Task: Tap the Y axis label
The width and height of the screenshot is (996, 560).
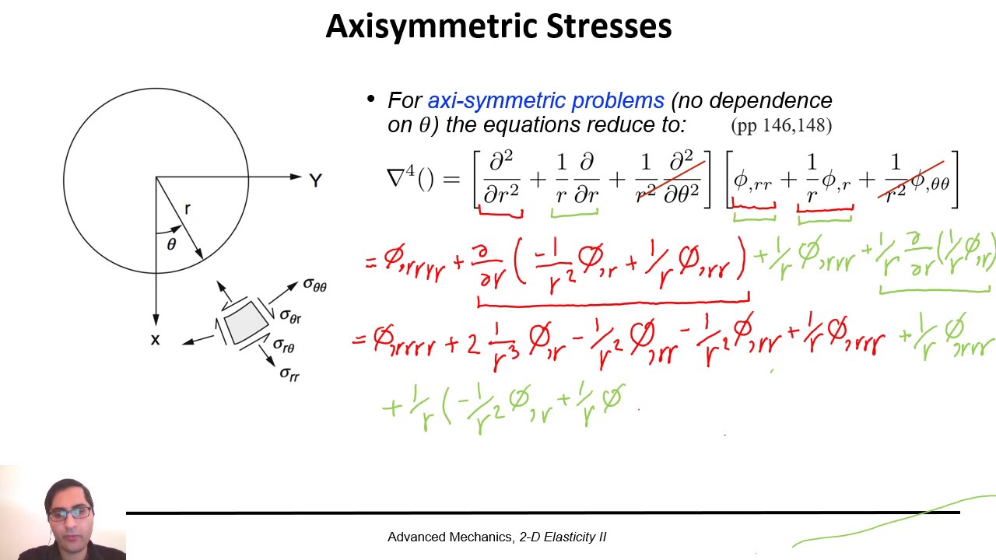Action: pyautogui.click(x=315, y=181)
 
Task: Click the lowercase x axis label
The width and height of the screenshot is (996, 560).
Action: pyautogui.click(x=156, y=339)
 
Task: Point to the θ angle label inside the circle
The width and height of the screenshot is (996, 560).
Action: pyautogui.click(x=171, y=244)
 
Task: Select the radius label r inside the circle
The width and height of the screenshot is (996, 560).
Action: pyautogui.click(x=188, y=208)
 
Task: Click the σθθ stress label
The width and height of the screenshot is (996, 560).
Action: pyautogui.click(x=314, y=285)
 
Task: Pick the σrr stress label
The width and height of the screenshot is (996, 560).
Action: pyautogui.click(x=289, y=374)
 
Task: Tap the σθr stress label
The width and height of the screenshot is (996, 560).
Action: pyautogui.click(x=290, y=317)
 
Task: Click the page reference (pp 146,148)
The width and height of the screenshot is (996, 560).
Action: pyautogui.click(x=781, y=125)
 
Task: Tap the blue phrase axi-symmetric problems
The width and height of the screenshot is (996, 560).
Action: pyautogui.click(x=545, y=101)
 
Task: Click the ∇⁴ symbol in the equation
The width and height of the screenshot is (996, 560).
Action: pyautogui.click(x=402, y=179)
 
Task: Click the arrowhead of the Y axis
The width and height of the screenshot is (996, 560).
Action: pyautogui.click(x=296, y=177)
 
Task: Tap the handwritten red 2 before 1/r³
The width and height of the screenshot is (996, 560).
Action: pyautogui.click(x=473, y=344)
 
